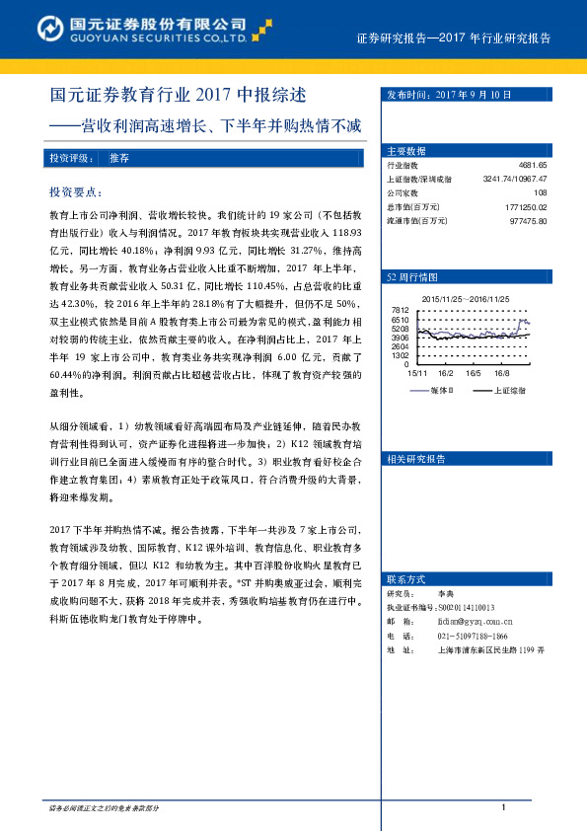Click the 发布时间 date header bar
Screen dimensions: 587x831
tap(449, 96)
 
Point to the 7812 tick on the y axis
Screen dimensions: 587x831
tap(400, 311)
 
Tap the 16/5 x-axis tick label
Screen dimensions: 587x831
tap(474, 373)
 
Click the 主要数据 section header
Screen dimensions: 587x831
tap(406, 151)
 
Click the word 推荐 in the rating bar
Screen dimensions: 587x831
tap(119, 158)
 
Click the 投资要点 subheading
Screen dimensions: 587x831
tap(74, 190)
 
